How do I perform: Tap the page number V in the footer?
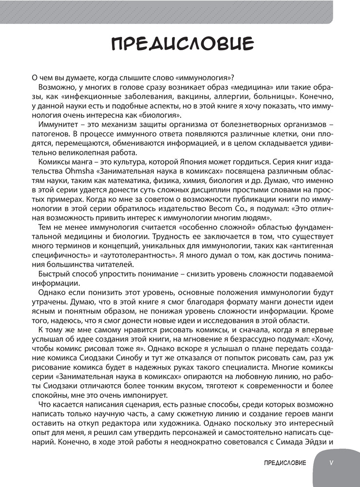[x=331, y=462]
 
